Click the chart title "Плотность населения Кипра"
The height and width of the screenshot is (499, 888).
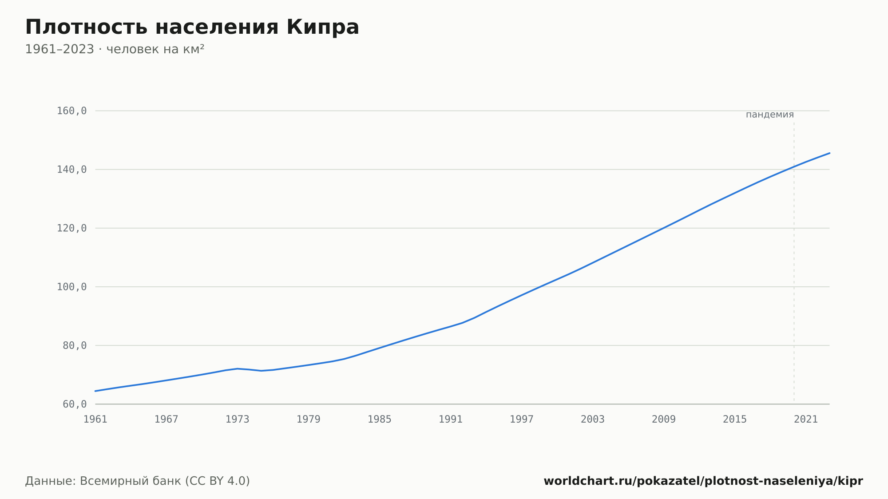192,27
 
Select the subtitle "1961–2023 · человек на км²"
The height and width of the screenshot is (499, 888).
115,49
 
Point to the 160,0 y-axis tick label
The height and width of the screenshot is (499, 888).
71,111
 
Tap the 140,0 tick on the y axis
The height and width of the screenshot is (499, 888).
71,170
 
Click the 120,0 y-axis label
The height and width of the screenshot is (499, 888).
71,228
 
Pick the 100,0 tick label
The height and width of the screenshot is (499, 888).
71,287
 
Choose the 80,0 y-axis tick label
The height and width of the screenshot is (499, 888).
75,345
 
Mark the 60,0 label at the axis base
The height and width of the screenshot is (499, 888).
75,404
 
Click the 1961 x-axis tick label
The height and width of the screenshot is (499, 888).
95,420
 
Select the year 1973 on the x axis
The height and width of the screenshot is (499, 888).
238,420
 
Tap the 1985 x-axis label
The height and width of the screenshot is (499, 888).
380,420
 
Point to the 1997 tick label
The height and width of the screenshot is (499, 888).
522,420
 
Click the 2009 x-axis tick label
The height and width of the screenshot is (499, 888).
664,420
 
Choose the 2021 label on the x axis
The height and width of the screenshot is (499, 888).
806,420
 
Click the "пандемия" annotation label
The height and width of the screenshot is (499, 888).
770,115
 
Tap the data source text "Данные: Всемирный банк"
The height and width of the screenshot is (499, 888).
103,481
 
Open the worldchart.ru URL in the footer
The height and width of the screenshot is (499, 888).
703,481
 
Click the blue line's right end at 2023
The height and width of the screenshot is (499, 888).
829,153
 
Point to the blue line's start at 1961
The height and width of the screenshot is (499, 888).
95,391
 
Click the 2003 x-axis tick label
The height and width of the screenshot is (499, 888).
593,420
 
